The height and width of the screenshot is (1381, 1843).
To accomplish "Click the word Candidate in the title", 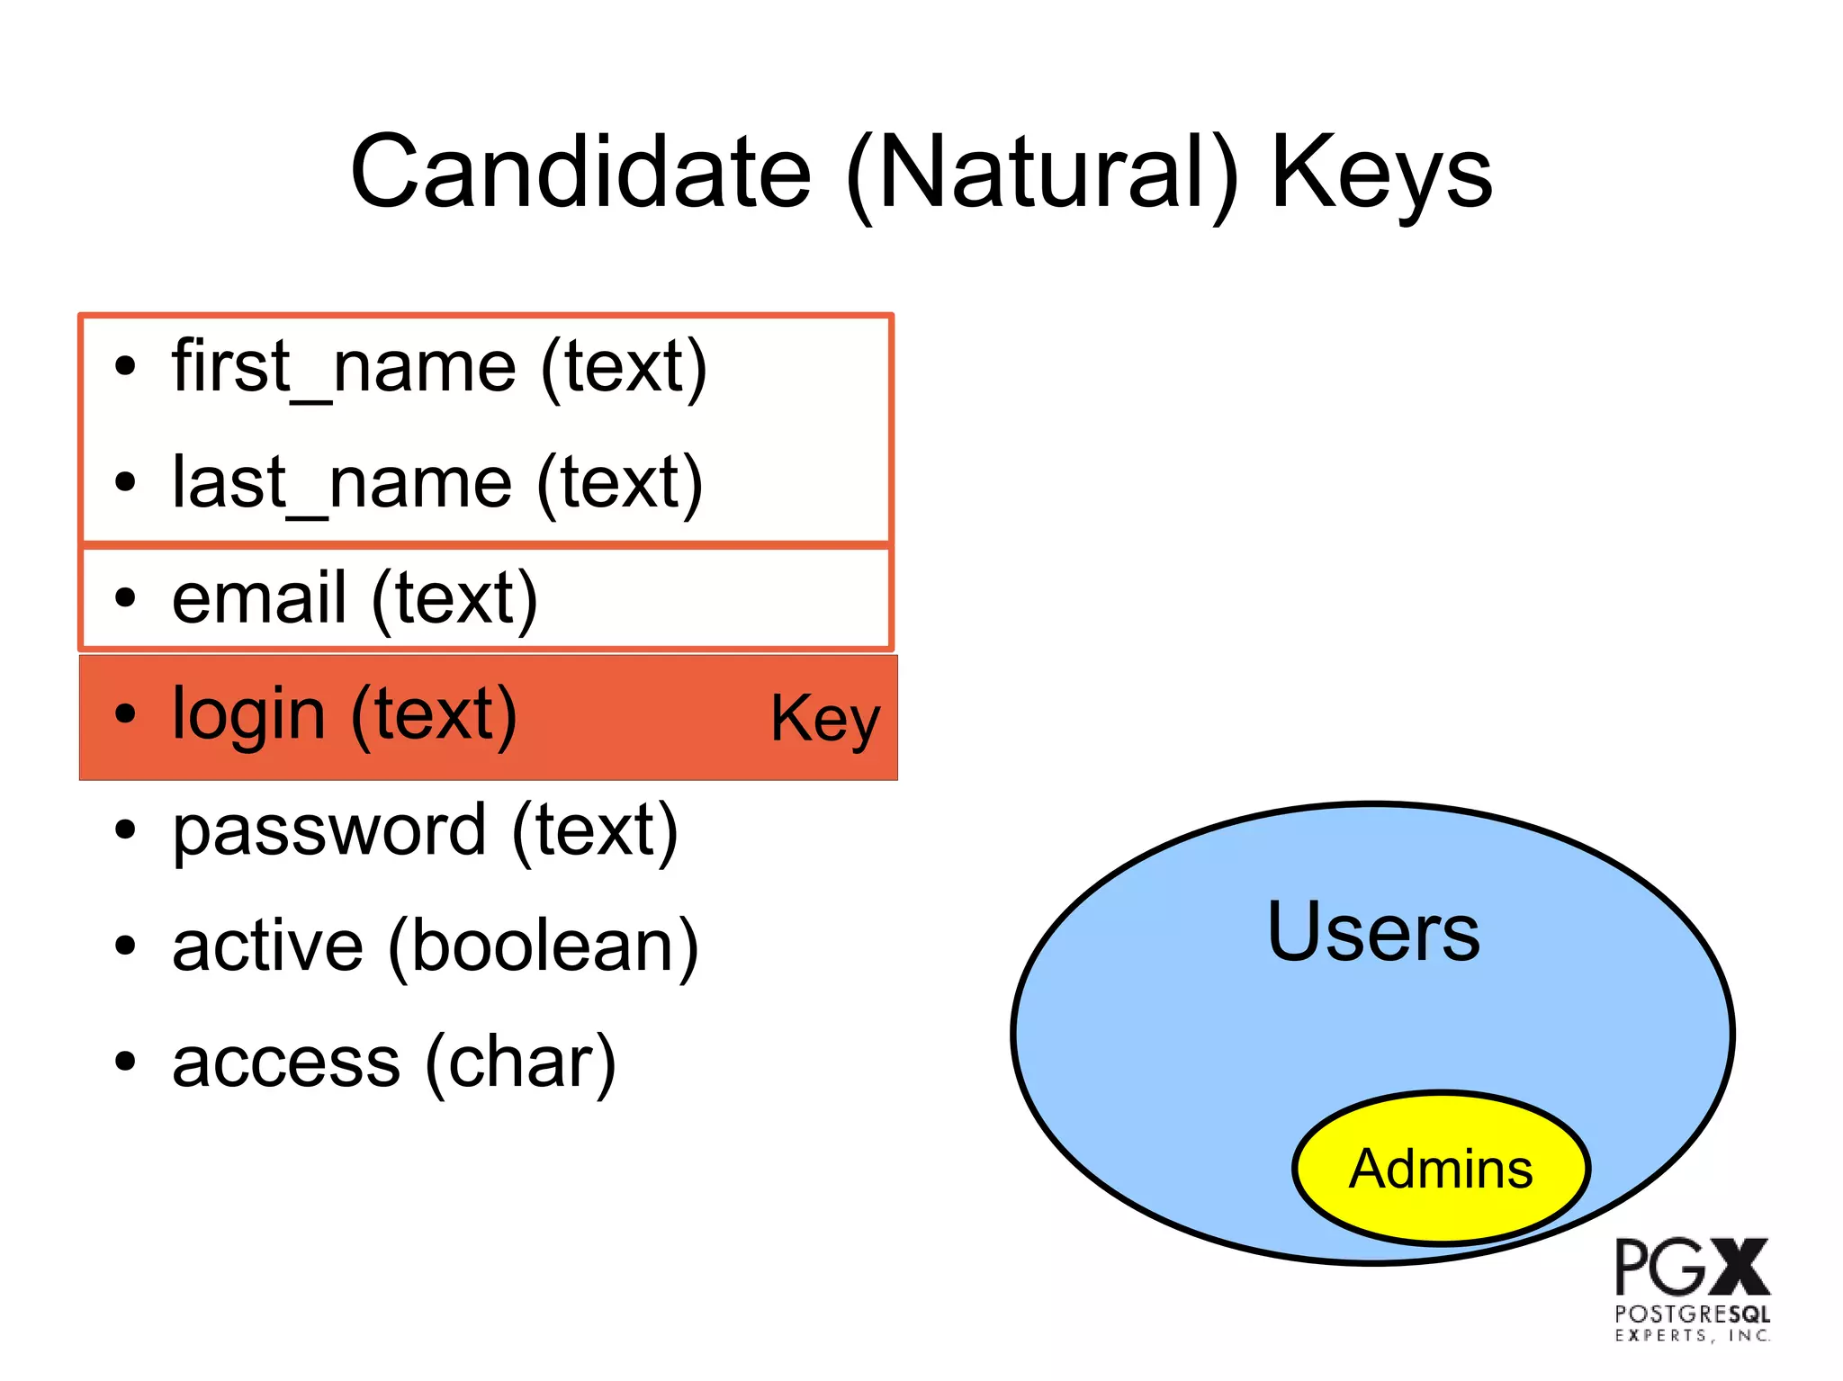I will coord(581,172).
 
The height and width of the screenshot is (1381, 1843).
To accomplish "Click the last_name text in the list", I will coord(342,483).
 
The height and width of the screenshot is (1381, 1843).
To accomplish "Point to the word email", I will coord(259,598).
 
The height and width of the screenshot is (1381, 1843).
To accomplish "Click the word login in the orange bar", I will coord(248,715).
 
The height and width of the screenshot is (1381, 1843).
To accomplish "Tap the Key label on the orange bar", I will coord(824,719).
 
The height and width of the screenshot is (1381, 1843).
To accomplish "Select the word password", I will coord(329,830).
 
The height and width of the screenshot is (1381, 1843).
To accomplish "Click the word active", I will coord(267,946).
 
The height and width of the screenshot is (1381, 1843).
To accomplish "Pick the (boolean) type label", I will coord(544,946).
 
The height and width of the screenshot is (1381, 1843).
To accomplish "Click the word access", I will coord(285,1063).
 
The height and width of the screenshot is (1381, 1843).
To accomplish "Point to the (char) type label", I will coord(520,1063).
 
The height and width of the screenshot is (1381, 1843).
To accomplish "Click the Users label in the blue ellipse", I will coord(1372,932).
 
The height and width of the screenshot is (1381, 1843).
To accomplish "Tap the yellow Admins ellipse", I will coord(1441,1169).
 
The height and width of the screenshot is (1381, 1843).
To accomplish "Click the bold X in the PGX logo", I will coord(1740,1267).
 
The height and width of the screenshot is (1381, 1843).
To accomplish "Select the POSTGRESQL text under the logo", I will coord(1692,1314).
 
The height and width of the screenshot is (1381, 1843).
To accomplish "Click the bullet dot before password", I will coord(125,830).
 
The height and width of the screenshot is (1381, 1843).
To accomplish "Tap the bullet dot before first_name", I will coord(125,367).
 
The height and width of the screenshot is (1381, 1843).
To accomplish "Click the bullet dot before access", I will coord(125,1063).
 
